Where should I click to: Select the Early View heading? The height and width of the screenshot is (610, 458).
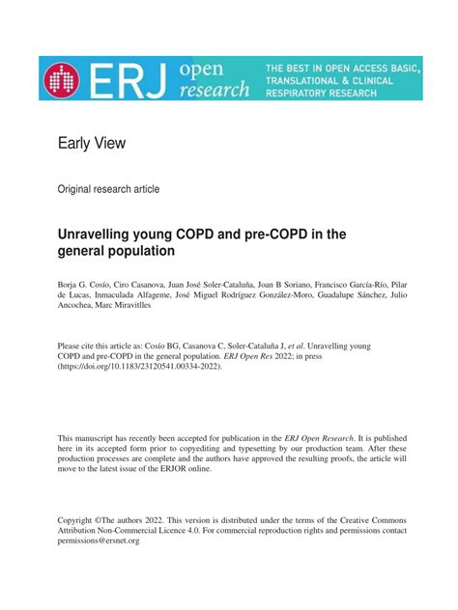pyautogui.click(x=92, y=144)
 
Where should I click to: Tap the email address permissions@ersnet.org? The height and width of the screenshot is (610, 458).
pyautogui.click(x=99, y=541)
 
